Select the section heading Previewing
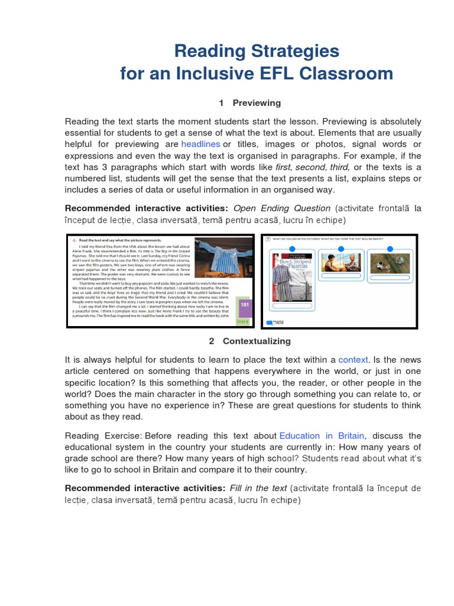tap(257, 103)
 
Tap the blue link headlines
tap(200, 144)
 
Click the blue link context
tap(353, 360)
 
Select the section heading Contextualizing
tap(257, 341)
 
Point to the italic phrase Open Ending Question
tap(282, 208)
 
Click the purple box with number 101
tap(245, 305)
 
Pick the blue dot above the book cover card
tap(292, 249)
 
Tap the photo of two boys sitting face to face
tap(341, 263)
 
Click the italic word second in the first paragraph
tap(310, 167)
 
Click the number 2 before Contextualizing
tap(211, 341)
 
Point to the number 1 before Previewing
tap(221, 103)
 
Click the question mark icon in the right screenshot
tap(267, 239)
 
